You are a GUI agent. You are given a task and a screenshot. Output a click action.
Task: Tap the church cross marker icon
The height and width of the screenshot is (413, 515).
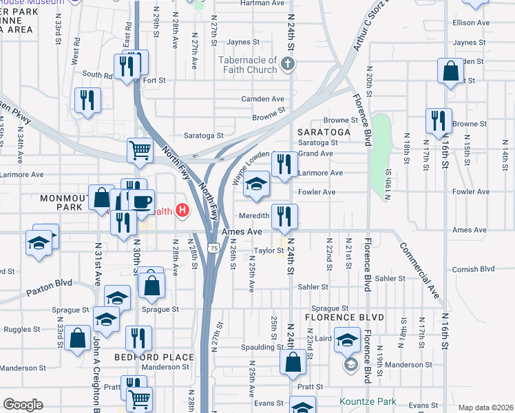pyautogui.click(x=288, y=65)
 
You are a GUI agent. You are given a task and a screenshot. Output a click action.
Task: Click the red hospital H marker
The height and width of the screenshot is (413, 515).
pyautogui.click(x=182, y=210)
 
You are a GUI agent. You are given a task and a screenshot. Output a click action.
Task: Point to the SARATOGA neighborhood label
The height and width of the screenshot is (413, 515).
pyautogui.click(x=324, y=131)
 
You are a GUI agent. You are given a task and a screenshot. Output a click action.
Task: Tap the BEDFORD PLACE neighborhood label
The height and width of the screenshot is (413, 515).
pyautogui.click(x=154, y=357)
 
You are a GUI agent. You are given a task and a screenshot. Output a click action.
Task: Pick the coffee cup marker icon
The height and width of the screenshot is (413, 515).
pyautogui.click(x=142, y=202)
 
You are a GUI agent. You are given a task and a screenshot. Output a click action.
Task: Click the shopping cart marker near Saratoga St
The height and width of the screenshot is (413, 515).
pyautogui.click(x=140, y=149)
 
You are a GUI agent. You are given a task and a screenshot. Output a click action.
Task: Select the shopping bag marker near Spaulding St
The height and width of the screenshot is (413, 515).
pyautogui.click(x=293, y=363)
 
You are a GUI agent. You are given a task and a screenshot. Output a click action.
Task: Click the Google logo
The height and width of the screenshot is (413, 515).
pyautogui.click(x=23, y=404)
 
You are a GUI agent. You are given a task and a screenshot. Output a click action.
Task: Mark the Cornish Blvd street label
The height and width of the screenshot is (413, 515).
pyautogui.click(x=474, y=269)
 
